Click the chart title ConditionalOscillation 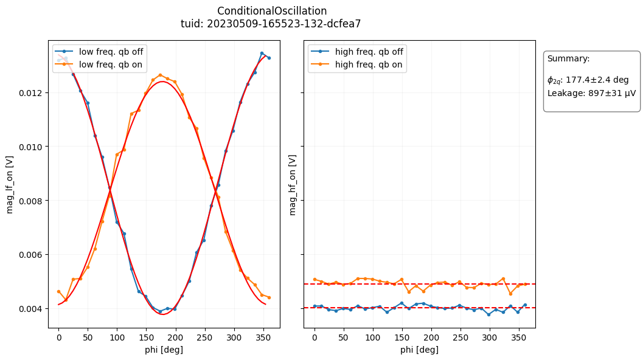tap(272, 11)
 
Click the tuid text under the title tap(272, 24)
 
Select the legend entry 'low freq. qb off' tap(111, 51)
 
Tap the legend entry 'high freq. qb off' tap(369, 51)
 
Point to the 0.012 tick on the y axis tap(33, 93)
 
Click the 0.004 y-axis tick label tap(33, 309)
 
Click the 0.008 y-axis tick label tap(33, 201)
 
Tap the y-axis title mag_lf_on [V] tap(10, 184)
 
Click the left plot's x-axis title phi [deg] tap(164, 350)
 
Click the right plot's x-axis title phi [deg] tap(419, 350)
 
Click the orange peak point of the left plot tap(160, 75)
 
